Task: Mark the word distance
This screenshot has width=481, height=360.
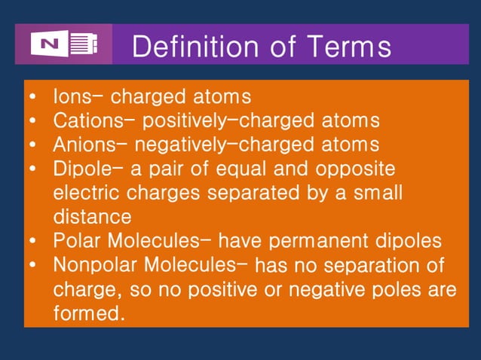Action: (x=92, y=217)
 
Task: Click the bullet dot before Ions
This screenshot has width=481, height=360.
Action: (x=33, y=98)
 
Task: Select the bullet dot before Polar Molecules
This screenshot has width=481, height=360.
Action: (x=33, y=242)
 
